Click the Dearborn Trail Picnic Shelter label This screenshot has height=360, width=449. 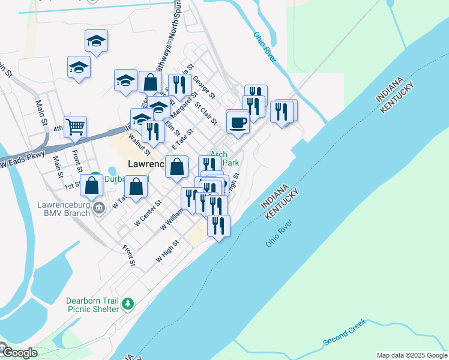[x=93, y=305]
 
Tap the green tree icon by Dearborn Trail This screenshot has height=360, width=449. [x=127, y=305]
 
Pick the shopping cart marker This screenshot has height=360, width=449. [x=76, y=127]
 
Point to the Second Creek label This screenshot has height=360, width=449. [x=344, y=332]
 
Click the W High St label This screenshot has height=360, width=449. [x=168, y=251]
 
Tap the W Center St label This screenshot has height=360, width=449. [x=148, y=213]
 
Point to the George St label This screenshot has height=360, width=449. [x=203, y=87]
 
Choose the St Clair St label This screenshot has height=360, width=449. [x=206, y=113]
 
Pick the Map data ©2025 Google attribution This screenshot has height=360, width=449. [x=412, y=355]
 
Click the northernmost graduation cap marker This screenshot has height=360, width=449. [x=96, y=40]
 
